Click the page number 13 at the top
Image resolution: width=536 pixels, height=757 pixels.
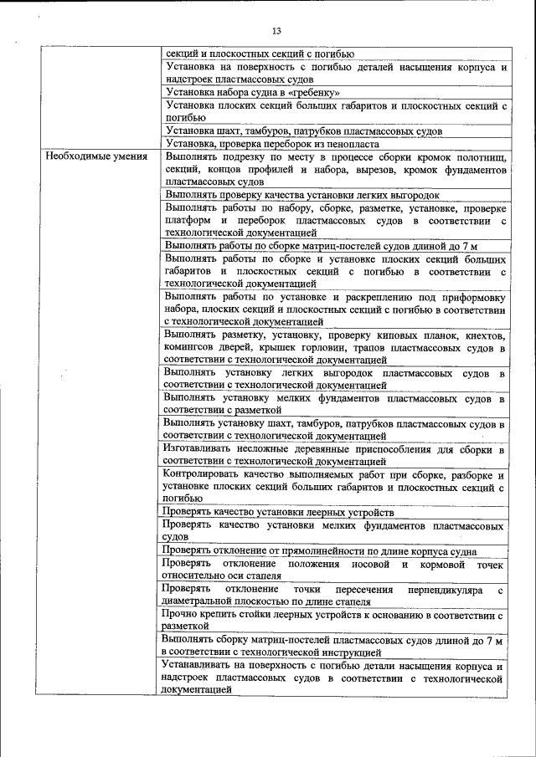coord(276,31)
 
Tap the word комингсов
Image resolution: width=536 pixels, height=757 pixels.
coord(196,348)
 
